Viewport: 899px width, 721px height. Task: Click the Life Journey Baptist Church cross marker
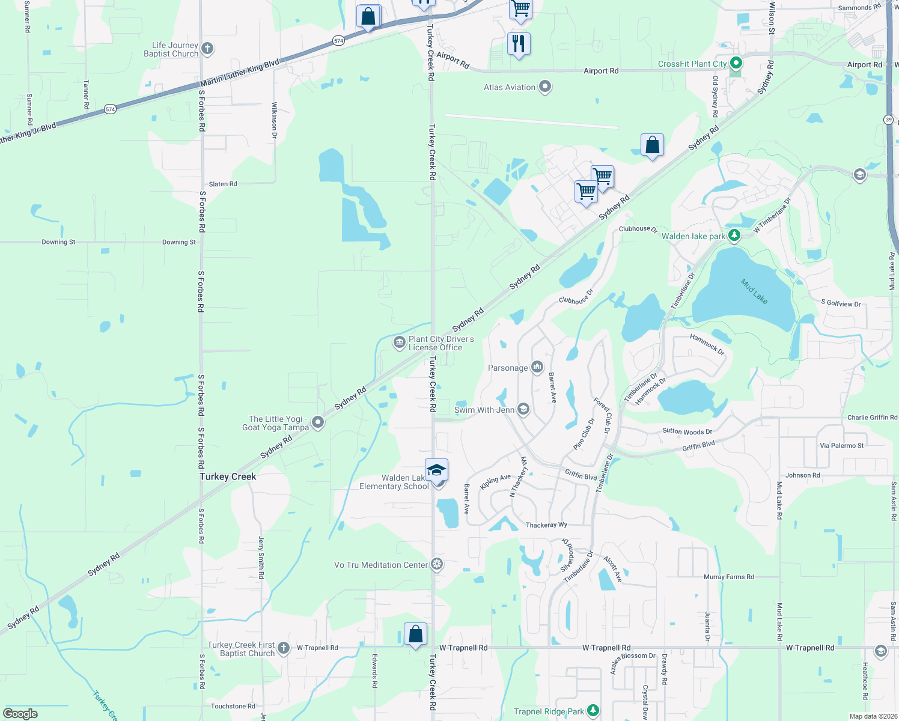(207, 49)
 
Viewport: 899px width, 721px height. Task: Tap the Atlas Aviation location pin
(545, 87)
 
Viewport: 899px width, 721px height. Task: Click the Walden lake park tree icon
(734, 236)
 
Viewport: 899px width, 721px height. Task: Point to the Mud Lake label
(754, 291)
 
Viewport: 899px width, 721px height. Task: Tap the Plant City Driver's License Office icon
(399, 343)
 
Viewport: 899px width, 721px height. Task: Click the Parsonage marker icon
(537, 367)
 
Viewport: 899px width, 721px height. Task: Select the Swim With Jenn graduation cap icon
(523, 410)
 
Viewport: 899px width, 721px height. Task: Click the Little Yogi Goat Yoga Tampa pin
(318, 422)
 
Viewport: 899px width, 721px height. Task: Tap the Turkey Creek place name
(228, 476)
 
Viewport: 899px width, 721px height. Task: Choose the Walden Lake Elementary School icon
(436, 470)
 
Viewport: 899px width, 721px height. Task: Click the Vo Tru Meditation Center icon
(437, 564)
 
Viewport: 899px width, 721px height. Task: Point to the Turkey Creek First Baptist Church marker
(284, 648)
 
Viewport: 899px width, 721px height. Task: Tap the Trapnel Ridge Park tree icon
(593, 711)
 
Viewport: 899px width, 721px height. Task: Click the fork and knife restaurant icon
(518, 43)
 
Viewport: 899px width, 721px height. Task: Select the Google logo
(20, 714)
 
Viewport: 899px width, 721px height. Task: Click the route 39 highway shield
(889, 120)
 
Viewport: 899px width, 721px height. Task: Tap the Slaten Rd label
(223, 184)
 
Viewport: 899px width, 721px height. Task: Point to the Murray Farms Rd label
(728, 577)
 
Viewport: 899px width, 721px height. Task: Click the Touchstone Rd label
(233, 706)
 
